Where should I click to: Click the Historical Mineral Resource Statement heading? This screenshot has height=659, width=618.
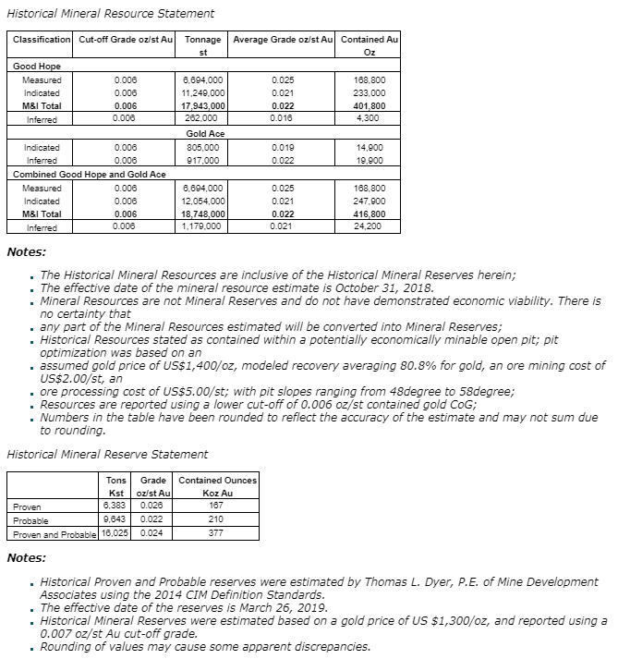point(111,13)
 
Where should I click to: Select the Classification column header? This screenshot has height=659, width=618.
point(42,40)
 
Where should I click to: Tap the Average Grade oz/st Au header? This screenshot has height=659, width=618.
point(282,40)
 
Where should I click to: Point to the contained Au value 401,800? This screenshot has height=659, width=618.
point(370,106)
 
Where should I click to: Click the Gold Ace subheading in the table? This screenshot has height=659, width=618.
point(205,134)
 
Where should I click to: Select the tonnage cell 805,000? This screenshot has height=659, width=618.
point(202,147)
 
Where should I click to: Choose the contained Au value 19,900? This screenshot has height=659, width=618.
point(370,161)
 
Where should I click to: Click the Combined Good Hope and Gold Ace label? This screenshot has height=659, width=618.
point(90,175)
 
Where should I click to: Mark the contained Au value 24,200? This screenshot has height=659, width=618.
point(370,227)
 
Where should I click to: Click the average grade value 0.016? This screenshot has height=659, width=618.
point(284,119)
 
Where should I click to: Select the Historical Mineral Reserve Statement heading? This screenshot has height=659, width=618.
point(107,454)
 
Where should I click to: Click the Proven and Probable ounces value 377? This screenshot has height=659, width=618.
point(215,533)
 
